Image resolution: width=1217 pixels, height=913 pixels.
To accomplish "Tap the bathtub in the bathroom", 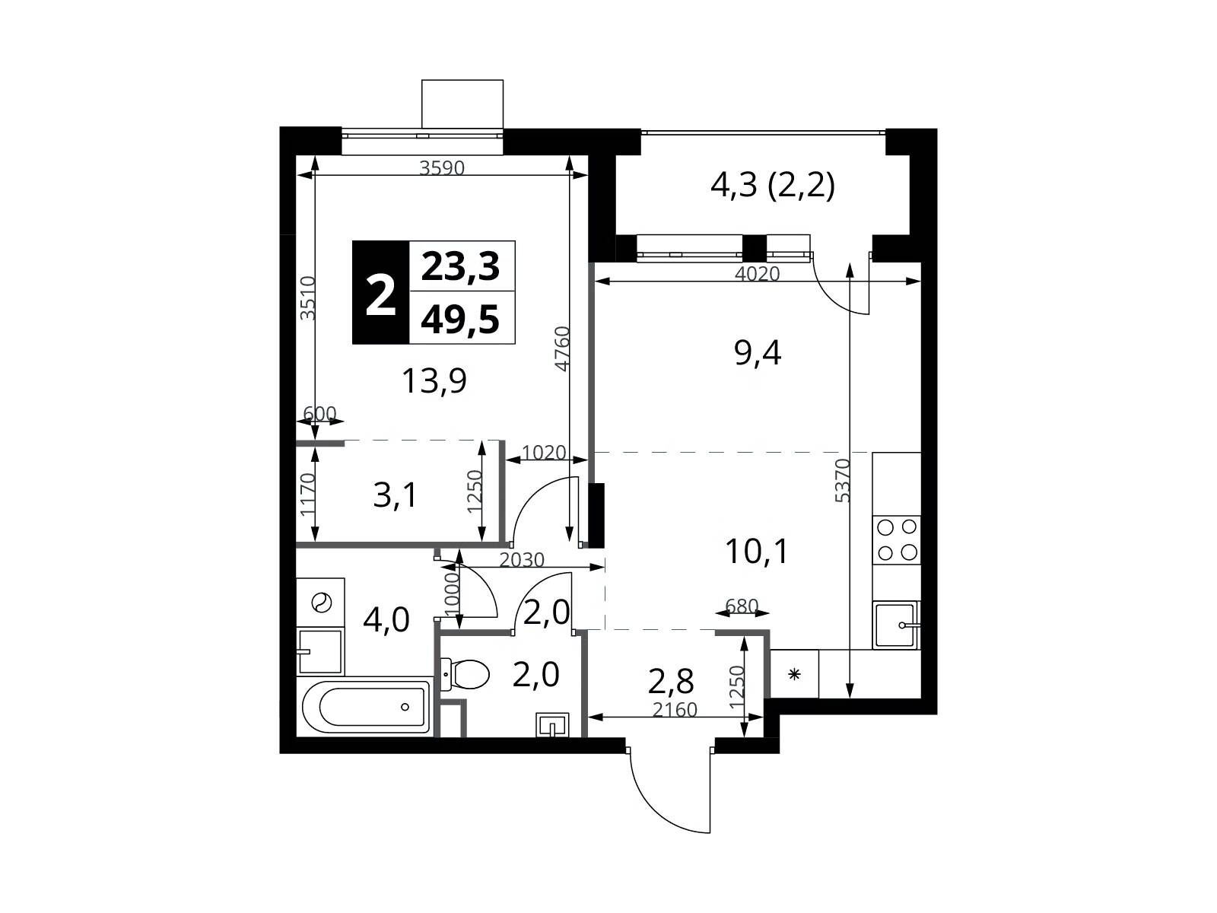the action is coord(367,707).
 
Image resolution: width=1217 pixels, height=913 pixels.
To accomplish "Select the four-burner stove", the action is coord(897,540).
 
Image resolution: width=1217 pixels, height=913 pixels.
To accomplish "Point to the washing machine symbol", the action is coord(321,603).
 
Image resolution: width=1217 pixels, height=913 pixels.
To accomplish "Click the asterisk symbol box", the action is coord(795,673).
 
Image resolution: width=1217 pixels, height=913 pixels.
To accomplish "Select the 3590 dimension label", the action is coord(441,167).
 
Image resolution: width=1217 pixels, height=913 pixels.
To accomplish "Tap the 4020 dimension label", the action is coord(757,273).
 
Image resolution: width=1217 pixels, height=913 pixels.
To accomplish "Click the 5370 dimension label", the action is coord(842,480).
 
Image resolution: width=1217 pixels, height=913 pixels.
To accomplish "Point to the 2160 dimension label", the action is coord(674,709).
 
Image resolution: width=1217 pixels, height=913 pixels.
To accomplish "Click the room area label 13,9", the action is coord(434,381).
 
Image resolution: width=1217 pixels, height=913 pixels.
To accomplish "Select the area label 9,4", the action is coord(758,353).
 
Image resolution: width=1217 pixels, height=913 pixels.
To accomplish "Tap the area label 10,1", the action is coord(756,552).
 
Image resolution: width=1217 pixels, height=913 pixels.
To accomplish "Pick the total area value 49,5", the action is coord(460,320).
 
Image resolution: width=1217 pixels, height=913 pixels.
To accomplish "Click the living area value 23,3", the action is coord(460,266).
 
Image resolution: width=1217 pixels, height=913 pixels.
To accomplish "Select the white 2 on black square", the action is coord(381,293).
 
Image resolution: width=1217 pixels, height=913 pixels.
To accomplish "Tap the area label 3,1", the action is coord(395,495).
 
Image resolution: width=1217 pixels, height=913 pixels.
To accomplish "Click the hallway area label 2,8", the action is coord(670,681).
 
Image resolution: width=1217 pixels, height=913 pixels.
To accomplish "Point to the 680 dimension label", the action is coord(742,606).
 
